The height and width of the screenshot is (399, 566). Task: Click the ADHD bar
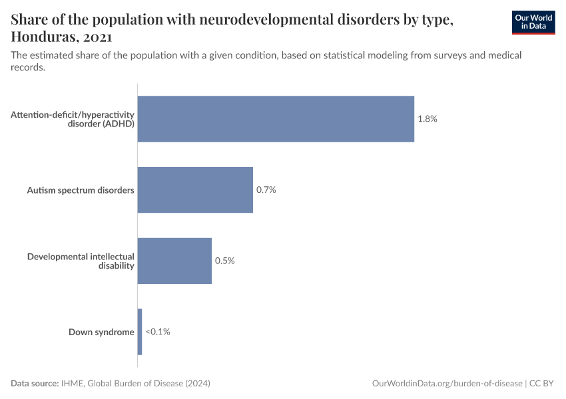click(276, 119)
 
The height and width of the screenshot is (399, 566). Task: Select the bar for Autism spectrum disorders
click(195, 190)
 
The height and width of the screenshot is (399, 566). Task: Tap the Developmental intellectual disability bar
click(174, 261)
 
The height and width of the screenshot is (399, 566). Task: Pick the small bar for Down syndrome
click(140, 332)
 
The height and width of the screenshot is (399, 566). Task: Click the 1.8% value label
click(427, 119)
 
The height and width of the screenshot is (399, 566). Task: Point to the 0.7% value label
click(266, 190)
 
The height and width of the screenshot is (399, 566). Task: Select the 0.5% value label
click(224, 261)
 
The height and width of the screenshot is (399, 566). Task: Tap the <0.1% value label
click(158, 332)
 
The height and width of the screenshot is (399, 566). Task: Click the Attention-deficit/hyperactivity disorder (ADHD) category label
click(73, 119)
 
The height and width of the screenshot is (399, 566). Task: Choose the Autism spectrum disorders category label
click(81, 190)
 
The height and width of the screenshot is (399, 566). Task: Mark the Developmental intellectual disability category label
click(81, 261)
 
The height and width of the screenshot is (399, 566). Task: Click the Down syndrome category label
click(101, 332)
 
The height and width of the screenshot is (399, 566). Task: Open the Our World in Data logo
click(533, 22)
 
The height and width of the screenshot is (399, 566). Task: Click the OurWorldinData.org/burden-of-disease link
click(446, 384)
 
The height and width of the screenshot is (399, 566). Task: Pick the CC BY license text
click(542, 384)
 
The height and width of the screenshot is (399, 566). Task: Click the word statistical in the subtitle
click(315, 55)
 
